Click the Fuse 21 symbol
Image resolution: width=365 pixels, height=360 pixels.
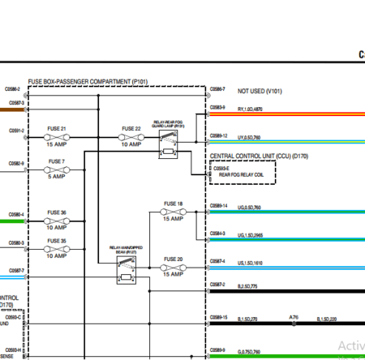pos(58,137)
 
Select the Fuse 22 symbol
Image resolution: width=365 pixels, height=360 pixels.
pos(131,137)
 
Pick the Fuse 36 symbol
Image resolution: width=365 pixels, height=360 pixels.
pos(58,221)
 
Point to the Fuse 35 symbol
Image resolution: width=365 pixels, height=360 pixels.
pos(58,248)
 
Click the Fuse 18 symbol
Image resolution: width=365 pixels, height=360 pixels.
pos(172,212)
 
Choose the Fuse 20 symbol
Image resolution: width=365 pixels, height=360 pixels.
pos(172,268)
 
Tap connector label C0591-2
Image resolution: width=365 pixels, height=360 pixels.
pos(15,130)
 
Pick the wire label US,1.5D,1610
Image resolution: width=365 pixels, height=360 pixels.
pos(250,263)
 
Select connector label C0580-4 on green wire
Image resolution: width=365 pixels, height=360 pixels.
pos(15,215)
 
